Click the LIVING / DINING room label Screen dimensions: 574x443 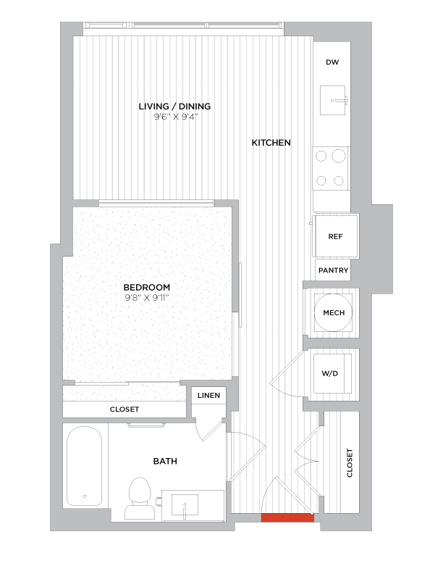coord(174,107)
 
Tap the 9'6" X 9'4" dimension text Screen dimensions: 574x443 coord(174,117)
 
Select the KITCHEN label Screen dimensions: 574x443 coord(271,143)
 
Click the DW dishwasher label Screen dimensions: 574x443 coord(332,62)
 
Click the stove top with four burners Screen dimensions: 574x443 coord(331,168)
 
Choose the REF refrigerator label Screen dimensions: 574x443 coord(335,236)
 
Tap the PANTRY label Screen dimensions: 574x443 coord(333,270)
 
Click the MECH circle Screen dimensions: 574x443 coord(333,313)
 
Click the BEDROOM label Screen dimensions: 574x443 coord(146,286)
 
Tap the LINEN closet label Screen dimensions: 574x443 coord(210,396)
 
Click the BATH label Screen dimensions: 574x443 coord(165,461)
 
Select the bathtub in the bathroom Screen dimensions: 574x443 coord(85,467)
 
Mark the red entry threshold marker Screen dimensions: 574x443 coord(287,517)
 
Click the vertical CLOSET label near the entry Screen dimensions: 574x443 coord(350,462)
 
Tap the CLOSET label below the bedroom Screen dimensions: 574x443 coord(124,409)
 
